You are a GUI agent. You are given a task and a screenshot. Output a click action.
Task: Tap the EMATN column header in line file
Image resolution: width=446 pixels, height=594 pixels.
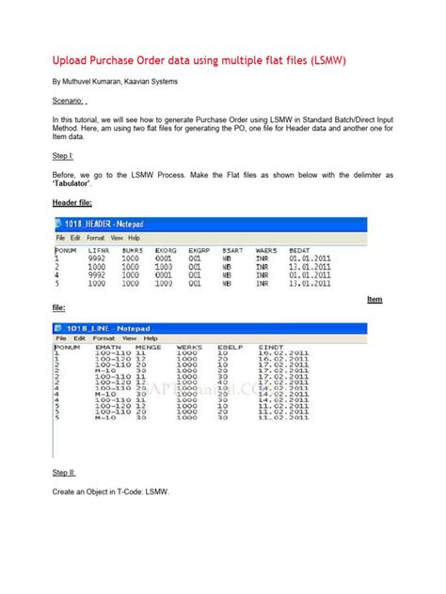click(x=109, y=348)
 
